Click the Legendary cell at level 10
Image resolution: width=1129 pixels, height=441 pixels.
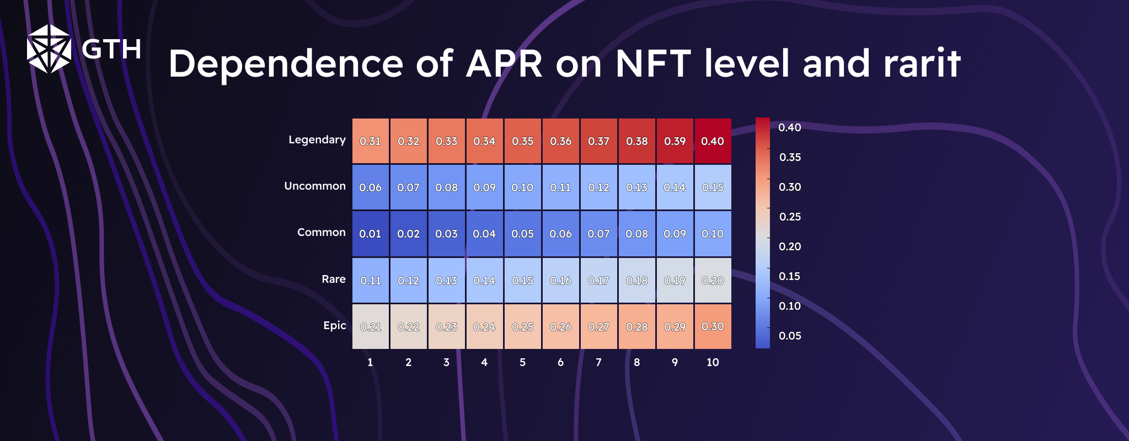713,141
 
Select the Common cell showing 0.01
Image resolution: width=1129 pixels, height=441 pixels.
370,234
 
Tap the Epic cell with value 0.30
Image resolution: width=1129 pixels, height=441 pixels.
713,326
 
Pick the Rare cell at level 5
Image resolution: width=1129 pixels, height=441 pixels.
522,281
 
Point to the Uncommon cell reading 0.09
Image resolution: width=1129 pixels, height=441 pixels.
484,187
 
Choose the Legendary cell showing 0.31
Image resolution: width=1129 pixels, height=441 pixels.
370,141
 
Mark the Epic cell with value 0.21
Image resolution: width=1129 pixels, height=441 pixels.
370,326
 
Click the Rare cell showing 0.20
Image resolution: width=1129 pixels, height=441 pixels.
713,281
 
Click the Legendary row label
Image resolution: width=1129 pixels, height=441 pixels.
317,139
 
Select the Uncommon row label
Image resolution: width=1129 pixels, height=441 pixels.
315,186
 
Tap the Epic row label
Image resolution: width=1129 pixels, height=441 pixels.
335,325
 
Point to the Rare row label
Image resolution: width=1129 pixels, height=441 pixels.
334,279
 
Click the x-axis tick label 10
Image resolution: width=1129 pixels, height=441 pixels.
713,362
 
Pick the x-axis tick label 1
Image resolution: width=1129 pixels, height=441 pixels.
370,362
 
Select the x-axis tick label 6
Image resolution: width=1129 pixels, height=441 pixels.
560,362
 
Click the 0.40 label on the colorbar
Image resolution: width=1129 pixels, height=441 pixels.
789,127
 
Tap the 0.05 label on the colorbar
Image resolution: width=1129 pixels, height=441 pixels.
790,336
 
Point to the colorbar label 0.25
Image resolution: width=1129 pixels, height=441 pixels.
790,217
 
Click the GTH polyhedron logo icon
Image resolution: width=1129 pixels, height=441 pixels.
49,49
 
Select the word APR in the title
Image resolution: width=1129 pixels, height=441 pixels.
504,63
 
